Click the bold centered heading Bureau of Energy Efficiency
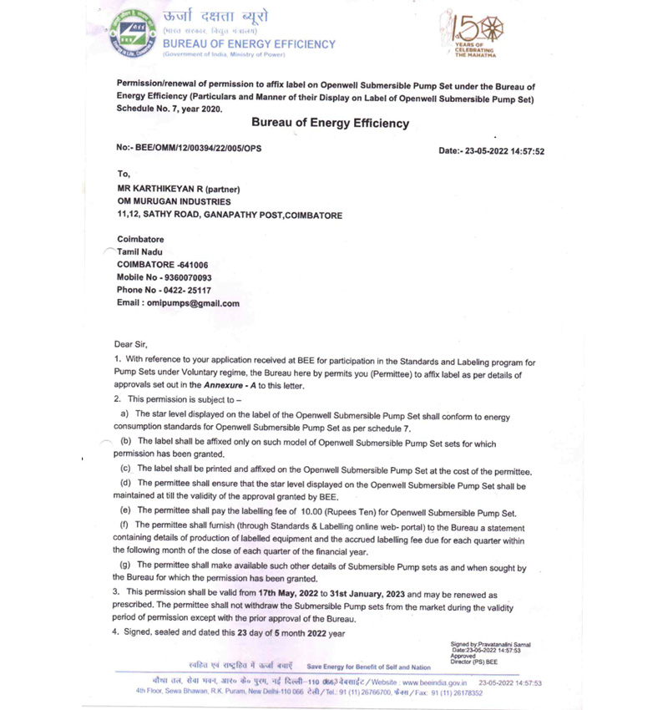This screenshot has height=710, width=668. coord(331,123)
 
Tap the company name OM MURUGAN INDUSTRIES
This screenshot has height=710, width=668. coord(175,201)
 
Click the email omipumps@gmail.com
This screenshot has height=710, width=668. coord(197,303)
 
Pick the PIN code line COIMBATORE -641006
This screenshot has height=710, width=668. coord(163,265)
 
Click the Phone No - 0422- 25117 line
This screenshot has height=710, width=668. coord(164,290)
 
